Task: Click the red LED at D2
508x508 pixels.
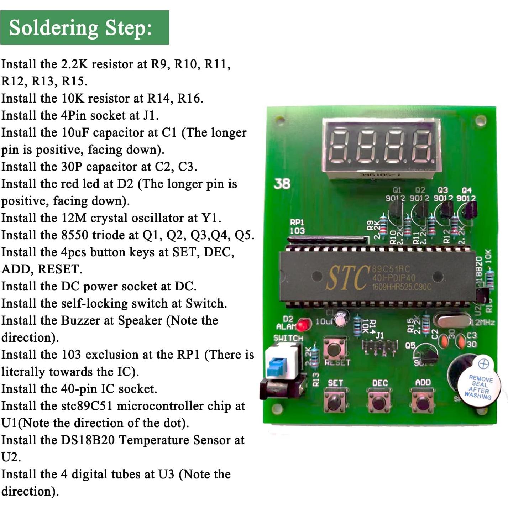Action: coord(303,325)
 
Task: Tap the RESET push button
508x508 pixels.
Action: coord(334,348)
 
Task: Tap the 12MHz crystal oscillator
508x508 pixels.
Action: coord(452,321)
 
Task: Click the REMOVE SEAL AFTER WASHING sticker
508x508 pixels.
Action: coord(479,387)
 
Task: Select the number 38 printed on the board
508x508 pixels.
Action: coord(282,184)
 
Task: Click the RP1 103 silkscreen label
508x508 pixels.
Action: coord(297,226)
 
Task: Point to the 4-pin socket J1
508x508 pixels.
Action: coord(379,346)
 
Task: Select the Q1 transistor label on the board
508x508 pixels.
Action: coord(397,190)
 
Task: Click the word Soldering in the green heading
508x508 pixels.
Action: coord(53,28)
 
